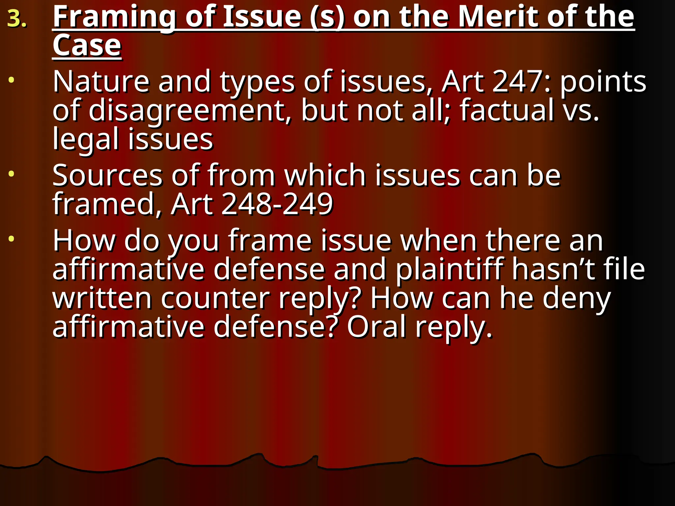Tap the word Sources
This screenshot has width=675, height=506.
107,176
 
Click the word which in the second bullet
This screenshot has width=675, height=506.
325,175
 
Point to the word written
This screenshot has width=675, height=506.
102,298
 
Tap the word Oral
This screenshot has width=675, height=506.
376,327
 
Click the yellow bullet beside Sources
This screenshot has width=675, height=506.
12,174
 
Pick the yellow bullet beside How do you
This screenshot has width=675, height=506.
12,239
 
